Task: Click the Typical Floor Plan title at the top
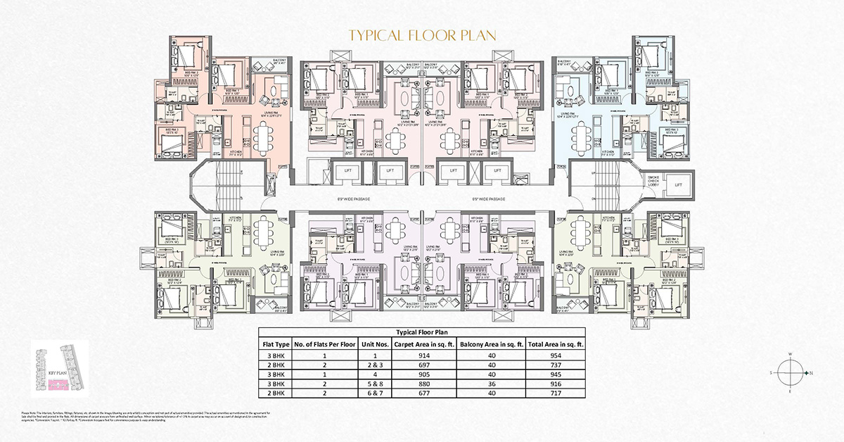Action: [422, 35]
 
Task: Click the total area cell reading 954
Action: [556, 357]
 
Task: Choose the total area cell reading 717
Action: [556, 393]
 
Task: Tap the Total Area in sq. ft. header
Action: [556, 344]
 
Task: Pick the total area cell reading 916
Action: [556, 384]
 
